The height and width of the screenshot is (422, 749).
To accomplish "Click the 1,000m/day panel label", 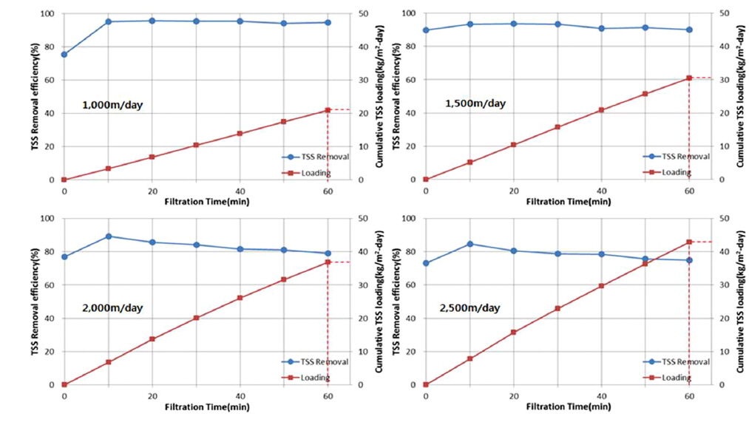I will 112,106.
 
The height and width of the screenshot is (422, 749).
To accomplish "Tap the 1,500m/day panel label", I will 475,103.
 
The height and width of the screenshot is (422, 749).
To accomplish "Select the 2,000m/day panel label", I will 112,307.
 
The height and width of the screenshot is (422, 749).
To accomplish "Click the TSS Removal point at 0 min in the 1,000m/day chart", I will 64,55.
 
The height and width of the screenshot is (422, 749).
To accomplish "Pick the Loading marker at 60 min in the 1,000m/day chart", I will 328,110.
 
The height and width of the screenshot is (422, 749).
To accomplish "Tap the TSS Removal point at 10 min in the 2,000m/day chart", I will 109,236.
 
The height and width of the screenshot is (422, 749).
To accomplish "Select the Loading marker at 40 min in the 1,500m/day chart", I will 601,110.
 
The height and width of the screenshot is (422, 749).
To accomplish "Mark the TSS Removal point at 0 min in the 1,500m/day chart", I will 425,30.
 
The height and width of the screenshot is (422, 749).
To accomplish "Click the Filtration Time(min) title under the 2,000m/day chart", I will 196,406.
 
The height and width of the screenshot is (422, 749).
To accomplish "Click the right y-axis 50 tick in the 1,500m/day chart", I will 715,13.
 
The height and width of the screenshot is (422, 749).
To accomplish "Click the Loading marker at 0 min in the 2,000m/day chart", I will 64,384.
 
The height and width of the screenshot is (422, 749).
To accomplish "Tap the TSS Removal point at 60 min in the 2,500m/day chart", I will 689,260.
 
